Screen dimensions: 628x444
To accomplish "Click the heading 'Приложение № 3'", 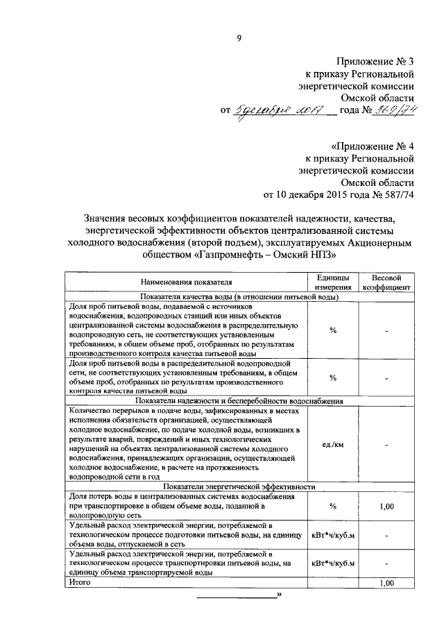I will (375, 62).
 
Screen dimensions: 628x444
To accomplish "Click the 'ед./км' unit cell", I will (333, 444).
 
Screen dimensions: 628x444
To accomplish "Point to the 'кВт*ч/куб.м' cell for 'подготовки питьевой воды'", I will (333, 536).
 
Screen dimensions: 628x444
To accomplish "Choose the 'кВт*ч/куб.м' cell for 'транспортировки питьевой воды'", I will (333, 564).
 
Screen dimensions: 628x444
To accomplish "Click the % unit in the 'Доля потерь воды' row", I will (333, 507).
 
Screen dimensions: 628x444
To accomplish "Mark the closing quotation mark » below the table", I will (279, 595).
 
